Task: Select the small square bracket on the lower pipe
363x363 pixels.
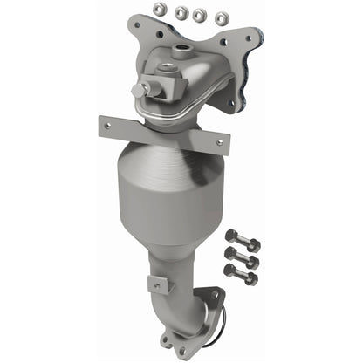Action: pos(156,283)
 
